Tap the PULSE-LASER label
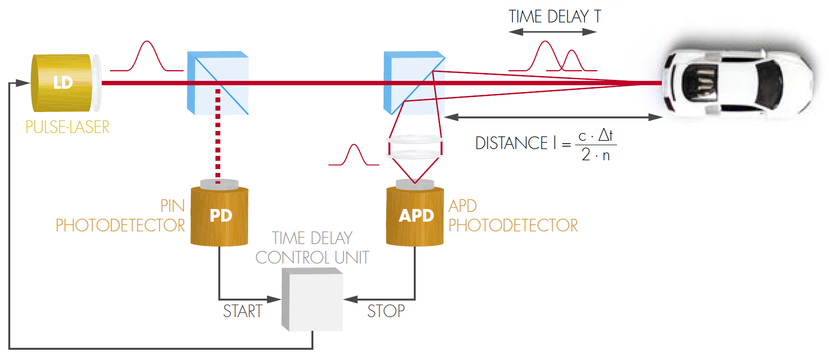coord(67,127)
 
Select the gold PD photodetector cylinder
coord(219,215)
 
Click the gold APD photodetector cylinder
coord(415,215)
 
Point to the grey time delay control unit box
coord(312,300)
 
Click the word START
coord(243,311)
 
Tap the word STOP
coord(386,311)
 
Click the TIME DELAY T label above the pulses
coord(555,17)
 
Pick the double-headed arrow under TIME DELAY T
coord(553,32)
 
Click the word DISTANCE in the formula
coord(511,143)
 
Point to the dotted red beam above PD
coord(218,136)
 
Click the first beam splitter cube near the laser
coord(218,83)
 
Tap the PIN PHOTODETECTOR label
coord(120,216)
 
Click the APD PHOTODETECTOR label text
coord(513,216)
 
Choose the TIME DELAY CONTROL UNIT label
coord(312,248)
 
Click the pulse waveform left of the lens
coord(354,156)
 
